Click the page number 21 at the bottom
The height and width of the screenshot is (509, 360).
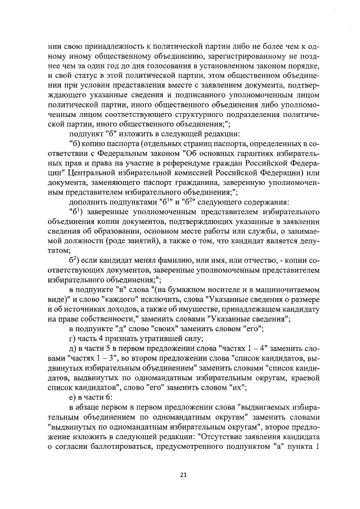tap(183, 475)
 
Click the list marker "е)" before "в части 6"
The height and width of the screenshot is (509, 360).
tap(73, 397)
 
